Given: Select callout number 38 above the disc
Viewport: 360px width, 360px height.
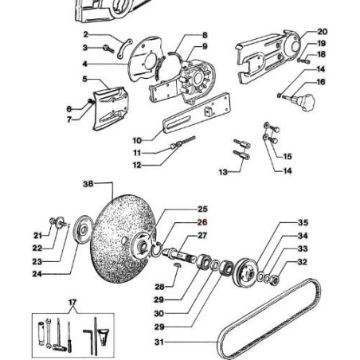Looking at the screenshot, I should (88, 183).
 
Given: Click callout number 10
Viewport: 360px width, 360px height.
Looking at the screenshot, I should (137, 140).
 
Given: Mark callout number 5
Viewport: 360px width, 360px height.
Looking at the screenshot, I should (84, 79).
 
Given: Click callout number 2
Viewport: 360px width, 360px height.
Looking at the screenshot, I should (85, 35).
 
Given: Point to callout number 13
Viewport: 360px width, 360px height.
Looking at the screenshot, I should (223, 171).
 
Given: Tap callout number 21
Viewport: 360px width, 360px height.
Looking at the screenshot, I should (37, 236).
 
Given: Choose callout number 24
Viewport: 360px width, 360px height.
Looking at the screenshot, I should (37, 274).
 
